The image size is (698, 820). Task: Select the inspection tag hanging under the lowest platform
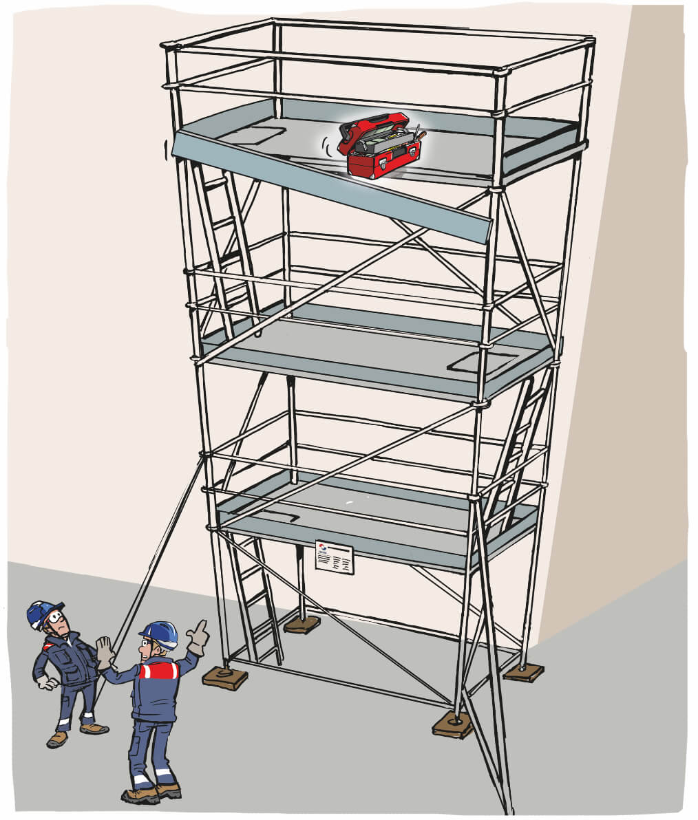click(334, 557)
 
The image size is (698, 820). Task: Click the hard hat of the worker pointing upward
click(160, 633)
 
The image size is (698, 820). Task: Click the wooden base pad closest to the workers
click(224, 678)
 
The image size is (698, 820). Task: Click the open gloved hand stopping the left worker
click(104, 651)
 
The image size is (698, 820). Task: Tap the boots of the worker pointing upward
click(151, 791)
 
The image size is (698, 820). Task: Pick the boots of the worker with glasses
click(76, 733)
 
